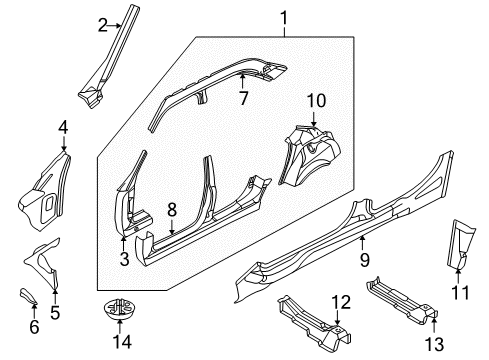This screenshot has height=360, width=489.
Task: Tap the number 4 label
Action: pyautogui.click(x=63, y=127)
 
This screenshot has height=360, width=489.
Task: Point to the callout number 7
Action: pyautogui.click(x=241, y=97)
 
